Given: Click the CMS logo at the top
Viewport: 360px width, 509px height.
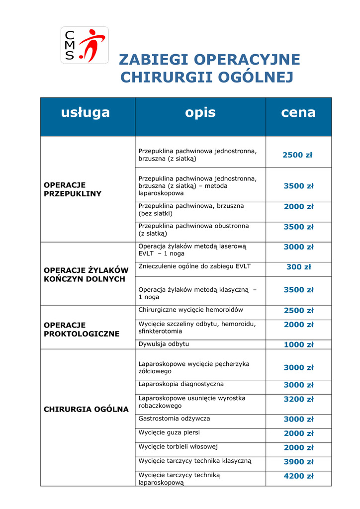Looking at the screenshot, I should click(x=85, y=45).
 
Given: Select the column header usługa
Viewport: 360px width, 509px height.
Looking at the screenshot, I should click(x=86, y=112).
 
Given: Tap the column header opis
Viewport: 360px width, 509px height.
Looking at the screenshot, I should click(x=200, y=112).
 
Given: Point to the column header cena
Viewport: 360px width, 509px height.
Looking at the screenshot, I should click(x=298, y=112).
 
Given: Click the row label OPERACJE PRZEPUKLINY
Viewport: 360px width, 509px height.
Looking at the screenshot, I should click(x=73, y=189).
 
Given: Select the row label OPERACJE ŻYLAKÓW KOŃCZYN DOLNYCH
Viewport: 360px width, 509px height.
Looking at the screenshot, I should click(x=86, y=274).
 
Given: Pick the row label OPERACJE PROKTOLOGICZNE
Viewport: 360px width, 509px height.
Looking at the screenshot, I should click(x=82, y=330).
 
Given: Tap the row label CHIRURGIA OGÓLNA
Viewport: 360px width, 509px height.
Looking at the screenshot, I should click(x=86, y=410).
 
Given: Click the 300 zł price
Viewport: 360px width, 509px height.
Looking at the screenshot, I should click(x=298, y=267).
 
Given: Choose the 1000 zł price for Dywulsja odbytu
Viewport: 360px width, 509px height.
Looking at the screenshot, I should click(x=298, y=345).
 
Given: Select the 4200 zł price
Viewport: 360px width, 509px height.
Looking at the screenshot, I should click(x=298, y=476).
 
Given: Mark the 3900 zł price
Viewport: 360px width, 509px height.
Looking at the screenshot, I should click(x=298, y=462).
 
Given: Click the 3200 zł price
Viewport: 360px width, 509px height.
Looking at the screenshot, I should click(x=298, y=399).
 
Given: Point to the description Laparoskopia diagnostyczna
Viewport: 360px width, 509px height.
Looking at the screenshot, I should click(x=181, y=384).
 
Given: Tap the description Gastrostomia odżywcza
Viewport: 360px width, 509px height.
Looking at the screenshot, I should click(x=174, y=419).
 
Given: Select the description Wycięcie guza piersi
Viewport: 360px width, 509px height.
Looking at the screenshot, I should click(x=169, y=433).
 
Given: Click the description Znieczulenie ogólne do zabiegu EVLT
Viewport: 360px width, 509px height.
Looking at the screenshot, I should click(x=194, y=266).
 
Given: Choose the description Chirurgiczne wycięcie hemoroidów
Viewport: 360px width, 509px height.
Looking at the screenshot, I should click(x=190, y=310).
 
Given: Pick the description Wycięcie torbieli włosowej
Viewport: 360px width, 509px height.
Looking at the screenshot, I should click(x=178, y=447).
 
